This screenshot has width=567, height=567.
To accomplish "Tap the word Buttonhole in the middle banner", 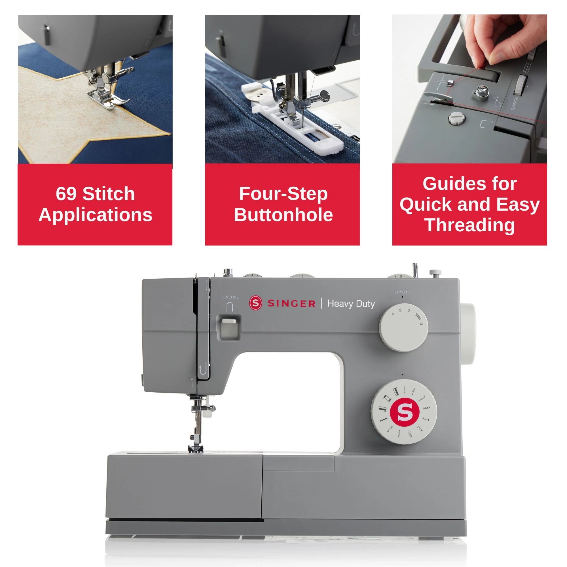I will click(283, 215).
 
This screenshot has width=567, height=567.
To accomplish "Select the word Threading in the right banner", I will click(469, 225).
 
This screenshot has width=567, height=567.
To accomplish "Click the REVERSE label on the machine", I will click(230, 297).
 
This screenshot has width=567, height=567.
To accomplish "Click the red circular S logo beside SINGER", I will click(256, 303).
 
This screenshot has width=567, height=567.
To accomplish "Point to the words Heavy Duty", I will click(351, 303).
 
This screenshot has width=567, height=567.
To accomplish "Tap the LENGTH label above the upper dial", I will click(402, 292).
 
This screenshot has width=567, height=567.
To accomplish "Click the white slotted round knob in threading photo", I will click(457, 119).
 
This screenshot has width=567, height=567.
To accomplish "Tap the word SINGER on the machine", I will click(291, 303).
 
